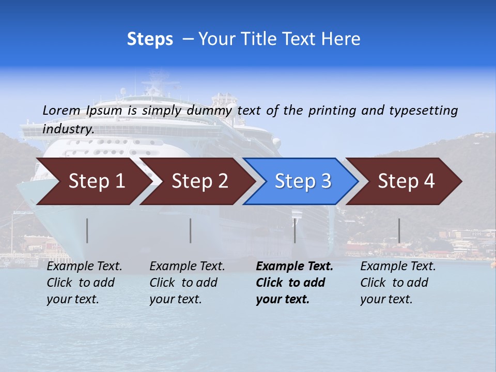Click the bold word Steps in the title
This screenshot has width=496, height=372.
[x=150, y=39]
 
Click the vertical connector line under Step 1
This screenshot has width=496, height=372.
[x=87, y=230]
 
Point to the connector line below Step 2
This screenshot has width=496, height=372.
[x=191, y=230]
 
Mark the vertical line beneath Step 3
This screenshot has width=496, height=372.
[x=295, y=230]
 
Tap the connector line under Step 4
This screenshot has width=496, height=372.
[x=399, y=230]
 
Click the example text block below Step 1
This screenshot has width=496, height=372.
[x=84, y=283]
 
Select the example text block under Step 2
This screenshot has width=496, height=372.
[x=187, y=283]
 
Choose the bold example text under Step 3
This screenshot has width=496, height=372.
[x=295, y=283]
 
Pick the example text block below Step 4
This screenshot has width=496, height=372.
[x=398, y=283]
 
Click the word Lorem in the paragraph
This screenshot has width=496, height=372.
[x=61, y=110]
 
